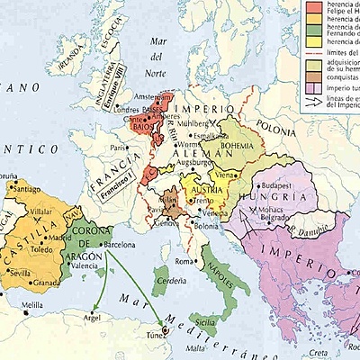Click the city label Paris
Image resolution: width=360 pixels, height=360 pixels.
(115, 148)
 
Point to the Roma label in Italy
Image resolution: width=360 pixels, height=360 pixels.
(184, 261)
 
